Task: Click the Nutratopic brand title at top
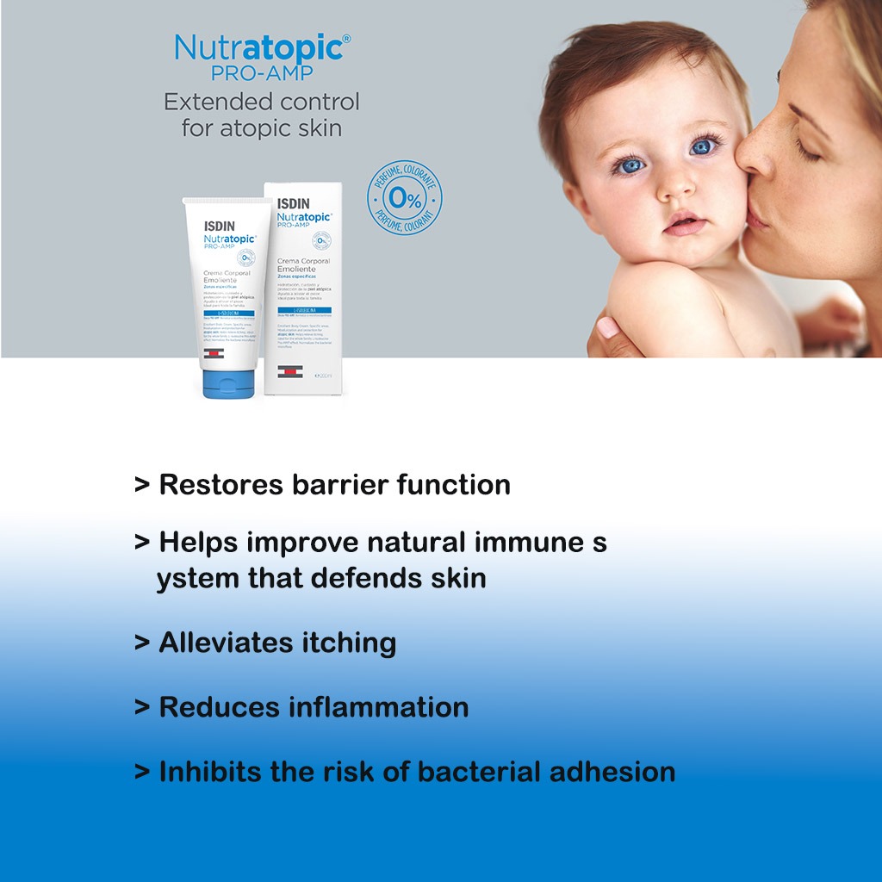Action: click(262, 47)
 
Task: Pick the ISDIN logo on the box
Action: click(294, 205)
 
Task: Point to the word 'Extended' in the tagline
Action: click(213, 102)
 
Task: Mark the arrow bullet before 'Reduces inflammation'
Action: click(142, 707)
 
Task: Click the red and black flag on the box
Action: click(289, 370)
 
